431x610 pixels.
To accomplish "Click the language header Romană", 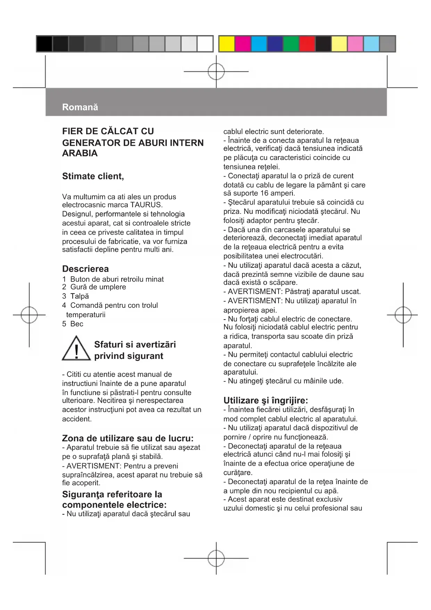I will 80,107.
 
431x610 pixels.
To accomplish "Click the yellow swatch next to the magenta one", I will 227,44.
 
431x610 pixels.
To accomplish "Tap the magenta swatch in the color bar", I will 243,44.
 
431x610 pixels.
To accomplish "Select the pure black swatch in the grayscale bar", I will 44,44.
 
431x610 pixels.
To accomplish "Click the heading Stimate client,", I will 93,176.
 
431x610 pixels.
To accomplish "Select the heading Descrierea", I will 85,269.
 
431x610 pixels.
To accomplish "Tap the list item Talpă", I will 80,296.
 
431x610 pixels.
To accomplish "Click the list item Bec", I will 77,324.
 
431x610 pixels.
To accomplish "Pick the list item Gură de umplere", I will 98,287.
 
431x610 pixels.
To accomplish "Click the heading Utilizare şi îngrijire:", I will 266,400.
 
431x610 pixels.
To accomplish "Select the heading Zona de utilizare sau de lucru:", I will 128,438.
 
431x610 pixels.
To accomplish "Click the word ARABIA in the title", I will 80,153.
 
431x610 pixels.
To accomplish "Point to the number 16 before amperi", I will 264,193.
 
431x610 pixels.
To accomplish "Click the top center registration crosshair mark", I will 216,72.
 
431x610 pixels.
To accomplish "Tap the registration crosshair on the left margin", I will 29,315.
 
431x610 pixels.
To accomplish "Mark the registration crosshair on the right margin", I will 403,315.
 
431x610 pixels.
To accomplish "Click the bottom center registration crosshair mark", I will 216,558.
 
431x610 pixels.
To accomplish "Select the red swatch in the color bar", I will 307,44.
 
